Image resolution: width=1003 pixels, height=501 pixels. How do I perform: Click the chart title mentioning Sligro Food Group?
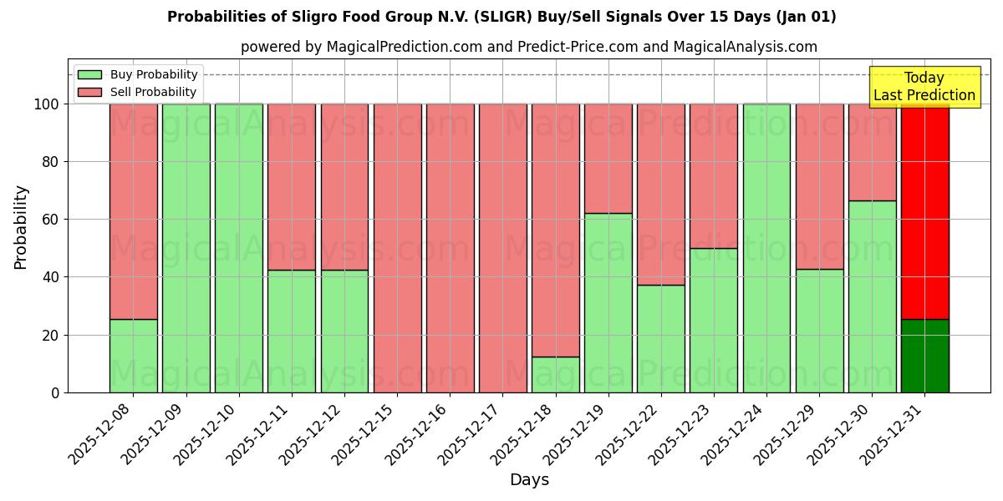(x=501, y=17)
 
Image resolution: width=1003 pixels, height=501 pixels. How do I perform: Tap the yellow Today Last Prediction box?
(x=924, y=87)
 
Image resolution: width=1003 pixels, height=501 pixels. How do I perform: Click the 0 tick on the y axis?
(x=55, y=392)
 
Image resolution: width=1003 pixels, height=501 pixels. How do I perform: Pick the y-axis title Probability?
(x=21, y=227)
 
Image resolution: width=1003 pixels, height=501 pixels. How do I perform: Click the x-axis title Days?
(x=529, y=479)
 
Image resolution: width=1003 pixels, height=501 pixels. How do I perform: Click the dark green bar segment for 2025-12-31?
(x=924, y=356)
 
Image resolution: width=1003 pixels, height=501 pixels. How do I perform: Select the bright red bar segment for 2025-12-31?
(x=924, y=211)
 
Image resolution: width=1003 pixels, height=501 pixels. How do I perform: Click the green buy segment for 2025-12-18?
(x=555, y=375)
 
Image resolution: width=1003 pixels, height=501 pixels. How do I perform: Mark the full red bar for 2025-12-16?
(x=450, y=248)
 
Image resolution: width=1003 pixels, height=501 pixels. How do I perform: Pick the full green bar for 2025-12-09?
(x=186, y=248)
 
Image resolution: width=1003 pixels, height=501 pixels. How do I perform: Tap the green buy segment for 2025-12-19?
(x=608, y=302)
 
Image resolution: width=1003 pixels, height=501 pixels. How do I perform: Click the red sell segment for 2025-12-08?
(x=133, y=211)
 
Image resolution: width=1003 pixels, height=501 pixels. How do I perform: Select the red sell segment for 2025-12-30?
(x=872, y=152)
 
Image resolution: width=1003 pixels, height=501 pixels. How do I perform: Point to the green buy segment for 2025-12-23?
(x=713, y=320)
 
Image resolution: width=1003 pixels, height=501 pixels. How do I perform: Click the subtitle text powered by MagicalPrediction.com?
(x=528, y=47)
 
